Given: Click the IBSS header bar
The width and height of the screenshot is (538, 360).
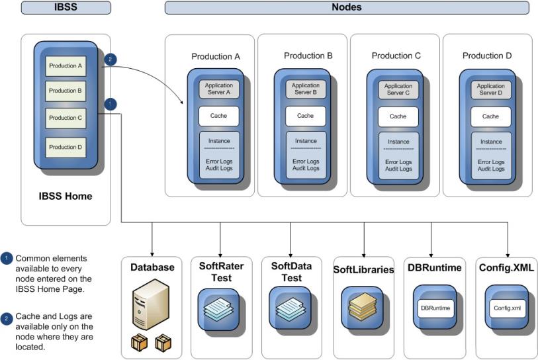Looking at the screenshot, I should (65, 8).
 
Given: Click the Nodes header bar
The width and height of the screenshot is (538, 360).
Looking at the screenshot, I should (346, 8).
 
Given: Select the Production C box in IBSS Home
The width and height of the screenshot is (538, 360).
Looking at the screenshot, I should (65, 117).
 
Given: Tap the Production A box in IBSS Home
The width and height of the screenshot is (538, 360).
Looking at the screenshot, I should (65, 66).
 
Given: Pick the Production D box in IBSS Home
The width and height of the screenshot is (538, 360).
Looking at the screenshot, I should (65, 147).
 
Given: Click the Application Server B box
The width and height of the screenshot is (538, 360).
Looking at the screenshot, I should (305, 89).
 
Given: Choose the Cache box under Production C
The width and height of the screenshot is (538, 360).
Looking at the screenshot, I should (398, 116).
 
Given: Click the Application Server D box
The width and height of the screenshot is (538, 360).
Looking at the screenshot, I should (490, 89).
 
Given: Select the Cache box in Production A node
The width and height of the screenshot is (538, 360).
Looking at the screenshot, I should (219, 116).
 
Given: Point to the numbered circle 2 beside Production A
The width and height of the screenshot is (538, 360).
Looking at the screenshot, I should (111, 59).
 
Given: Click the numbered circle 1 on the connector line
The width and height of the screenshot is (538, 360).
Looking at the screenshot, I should (111, 103).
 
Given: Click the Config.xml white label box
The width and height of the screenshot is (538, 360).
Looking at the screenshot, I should (508, 308).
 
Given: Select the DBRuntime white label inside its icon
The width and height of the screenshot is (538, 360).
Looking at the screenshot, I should (435, 308).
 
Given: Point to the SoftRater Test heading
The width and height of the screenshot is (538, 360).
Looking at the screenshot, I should (221, 272).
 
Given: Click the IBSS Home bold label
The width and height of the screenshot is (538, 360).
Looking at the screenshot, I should (65, 196).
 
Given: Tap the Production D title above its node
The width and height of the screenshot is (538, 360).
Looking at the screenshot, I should (487, 56).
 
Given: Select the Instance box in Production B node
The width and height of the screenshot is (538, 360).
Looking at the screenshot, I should (305, 141).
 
